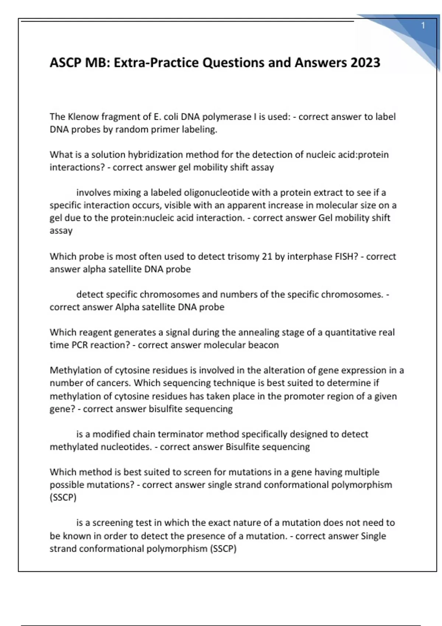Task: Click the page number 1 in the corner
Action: pyautogui.click(x=423, y=25)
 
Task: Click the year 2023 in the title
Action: pyautogui.click(x=365, y=63)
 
